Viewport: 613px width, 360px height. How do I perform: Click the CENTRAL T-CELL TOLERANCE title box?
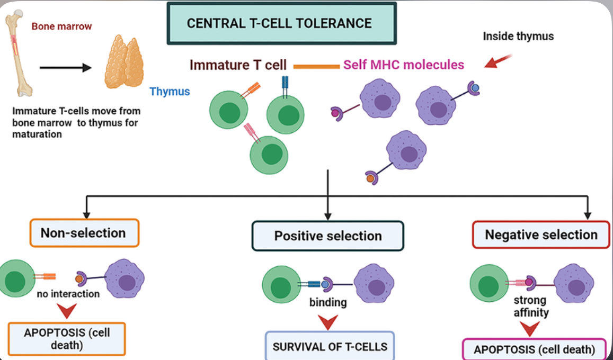click(x=281, y=23)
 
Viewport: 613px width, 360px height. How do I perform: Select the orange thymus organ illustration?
click(x=127, y=62)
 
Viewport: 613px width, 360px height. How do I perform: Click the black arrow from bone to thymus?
click(x=67, y=68)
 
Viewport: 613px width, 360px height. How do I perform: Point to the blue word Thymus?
click(x=170, y=91)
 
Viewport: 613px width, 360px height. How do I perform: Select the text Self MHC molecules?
click(x=403, y=65)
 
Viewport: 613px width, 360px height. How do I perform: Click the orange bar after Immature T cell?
click(x=316, y=66)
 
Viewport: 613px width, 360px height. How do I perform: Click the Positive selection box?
click(x=327, y=236)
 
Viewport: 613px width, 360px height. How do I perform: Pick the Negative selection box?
click(x=541, y=235)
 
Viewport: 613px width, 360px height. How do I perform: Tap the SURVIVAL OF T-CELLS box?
click(x=330, y=347)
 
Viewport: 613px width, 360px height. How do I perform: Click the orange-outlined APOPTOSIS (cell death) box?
click(x=67, y=338)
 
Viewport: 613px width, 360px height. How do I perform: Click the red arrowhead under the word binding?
click(x=328, y=321)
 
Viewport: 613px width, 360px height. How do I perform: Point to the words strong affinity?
click(x=530, y=307)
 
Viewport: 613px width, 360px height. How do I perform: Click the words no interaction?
click(x=68, y=294)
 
